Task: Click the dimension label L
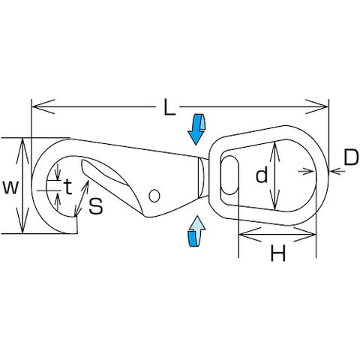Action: (x=169, y=107)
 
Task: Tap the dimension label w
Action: (x=10, y=187)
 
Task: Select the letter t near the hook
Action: (x=67, y=187)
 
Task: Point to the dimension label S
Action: (x=96, y=206)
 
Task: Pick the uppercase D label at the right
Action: (x=351, y=157)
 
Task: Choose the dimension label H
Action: (x=277, y=253)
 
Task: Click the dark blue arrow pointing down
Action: (x=196, y=129)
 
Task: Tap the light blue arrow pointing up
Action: (x=196, y=231)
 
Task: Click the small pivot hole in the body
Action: (x=154, y=196)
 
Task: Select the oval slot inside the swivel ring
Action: (x=229, y=175)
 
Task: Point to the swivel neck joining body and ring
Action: (x=203, y=178)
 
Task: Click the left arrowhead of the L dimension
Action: (x=43, y=106)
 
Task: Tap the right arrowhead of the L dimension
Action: (x=317, y=106)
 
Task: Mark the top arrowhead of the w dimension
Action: (x=22, y=151)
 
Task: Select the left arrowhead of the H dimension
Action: (x=250, y=235)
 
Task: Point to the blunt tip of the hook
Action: (x=76, y=225)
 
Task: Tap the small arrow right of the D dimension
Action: (x=337, y=171)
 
